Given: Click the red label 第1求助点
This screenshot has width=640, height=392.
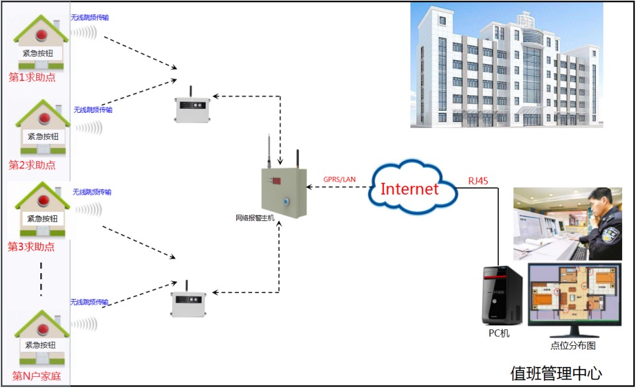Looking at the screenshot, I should coord(32,77).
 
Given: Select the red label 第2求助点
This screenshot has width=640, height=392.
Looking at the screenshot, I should coord(32,165).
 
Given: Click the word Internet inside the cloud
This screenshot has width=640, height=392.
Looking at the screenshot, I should coord(410,189).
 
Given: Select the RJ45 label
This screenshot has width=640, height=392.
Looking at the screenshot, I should coord(479,180).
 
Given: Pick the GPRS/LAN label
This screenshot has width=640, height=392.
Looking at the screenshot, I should coord(339,180).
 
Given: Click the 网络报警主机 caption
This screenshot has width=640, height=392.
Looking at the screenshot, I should coord(255,218).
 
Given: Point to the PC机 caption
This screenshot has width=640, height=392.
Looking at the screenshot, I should coord(499,334).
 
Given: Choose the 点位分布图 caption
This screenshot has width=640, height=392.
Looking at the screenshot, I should coord(573,345).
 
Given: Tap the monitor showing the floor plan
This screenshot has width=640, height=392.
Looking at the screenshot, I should coord(574,294).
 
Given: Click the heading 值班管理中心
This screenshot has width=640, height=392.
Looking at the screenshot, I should coord(556,374).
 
